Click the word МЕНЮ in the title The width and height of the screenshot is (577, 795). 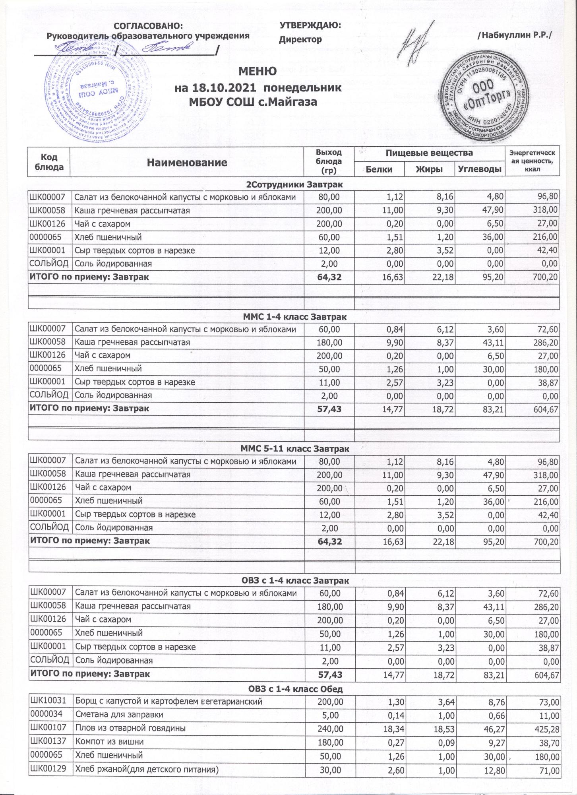pos(258,72)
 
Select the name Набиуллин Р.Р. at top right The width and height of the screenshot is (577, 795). pos(515,35)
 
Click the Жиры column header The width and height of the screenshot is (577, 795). pos(429,169)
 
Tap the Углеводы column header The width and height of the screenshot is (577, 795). pos(480,169)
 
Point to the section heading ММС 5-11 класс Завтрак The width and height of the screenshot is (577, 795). pos(295,449)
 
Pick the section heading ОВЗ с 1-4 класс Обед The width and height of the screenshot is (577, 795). pos(294,689)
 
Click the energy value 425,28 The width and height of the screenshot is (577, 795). pos(546,729)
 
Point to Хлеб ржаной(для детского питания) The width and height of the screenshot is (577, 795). pos(147,769)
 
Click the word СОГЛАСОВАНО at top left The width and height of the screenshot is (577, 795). pos(148,26)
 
